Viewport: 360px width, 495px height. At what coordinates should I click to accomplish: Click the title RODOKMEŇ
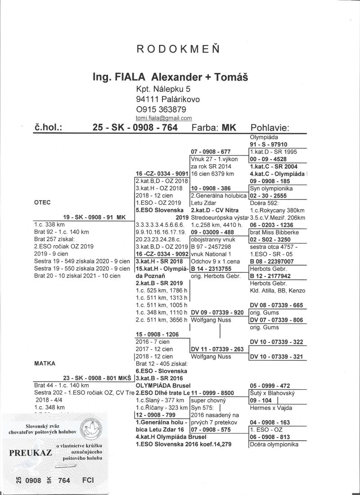coord(179,50)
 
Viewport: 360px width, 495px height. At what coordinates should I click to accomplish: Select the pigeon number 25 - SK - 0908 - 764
coord(135,127)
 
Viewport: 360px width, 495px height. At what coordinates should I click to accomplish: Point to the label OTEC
coord(42,203)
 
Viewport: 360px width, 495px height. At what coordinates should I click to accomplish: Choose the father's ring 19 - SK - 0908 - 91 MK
coord(95,216)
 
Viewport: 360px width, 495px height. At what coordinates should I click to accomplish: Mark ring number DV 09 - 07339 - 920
coord(217,313)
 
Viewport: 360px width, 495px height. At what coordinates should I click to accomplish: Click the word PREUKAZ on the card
coord(30,452)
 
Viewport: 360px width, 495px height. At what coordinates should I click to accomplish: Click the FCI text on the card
coord(88,480)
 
